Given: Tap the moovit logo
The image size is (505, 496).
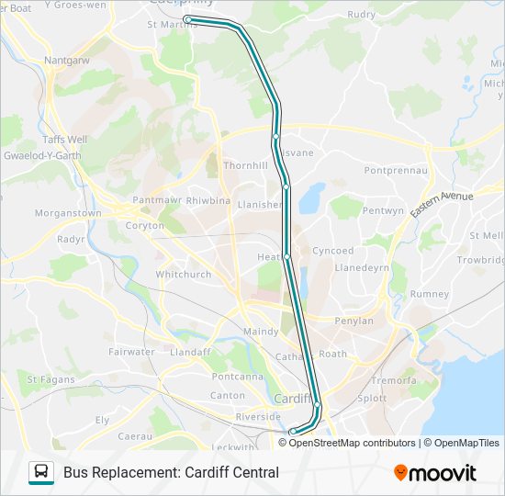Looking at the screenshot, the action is coord(435,473).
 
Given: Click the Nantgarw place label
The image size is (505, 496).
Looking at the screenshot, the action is coord(67,62).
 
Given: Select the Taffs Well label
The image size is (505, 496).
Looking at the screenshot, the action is coord(64,140).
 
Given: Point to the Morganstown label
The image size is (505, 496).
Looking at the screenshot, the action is coord(68,213).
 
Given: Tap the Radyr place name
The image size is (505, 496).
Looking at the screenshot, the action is coord(71,239).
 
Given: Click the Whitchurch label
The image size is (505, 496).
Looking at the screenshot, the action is coord(183,274).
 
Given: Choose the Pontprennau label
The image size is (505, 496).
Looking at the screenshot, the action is coord(397,171).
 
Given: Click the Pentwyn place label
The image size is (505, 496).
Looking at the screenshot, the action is coord(383,210).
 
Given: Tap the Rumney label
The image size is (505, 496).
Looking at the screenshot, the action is coord(430,294).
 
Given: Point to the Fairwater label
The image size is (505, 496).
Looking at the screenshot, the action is coord(131,352).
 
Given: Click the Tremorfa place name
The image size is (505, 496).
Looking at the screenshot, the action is coord(393,380).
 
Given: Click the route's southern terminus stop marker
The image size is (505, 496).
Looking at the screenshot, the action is coord(293,432).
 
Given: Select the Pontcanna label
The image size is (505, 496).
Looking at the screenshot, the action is coord(238,377).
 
